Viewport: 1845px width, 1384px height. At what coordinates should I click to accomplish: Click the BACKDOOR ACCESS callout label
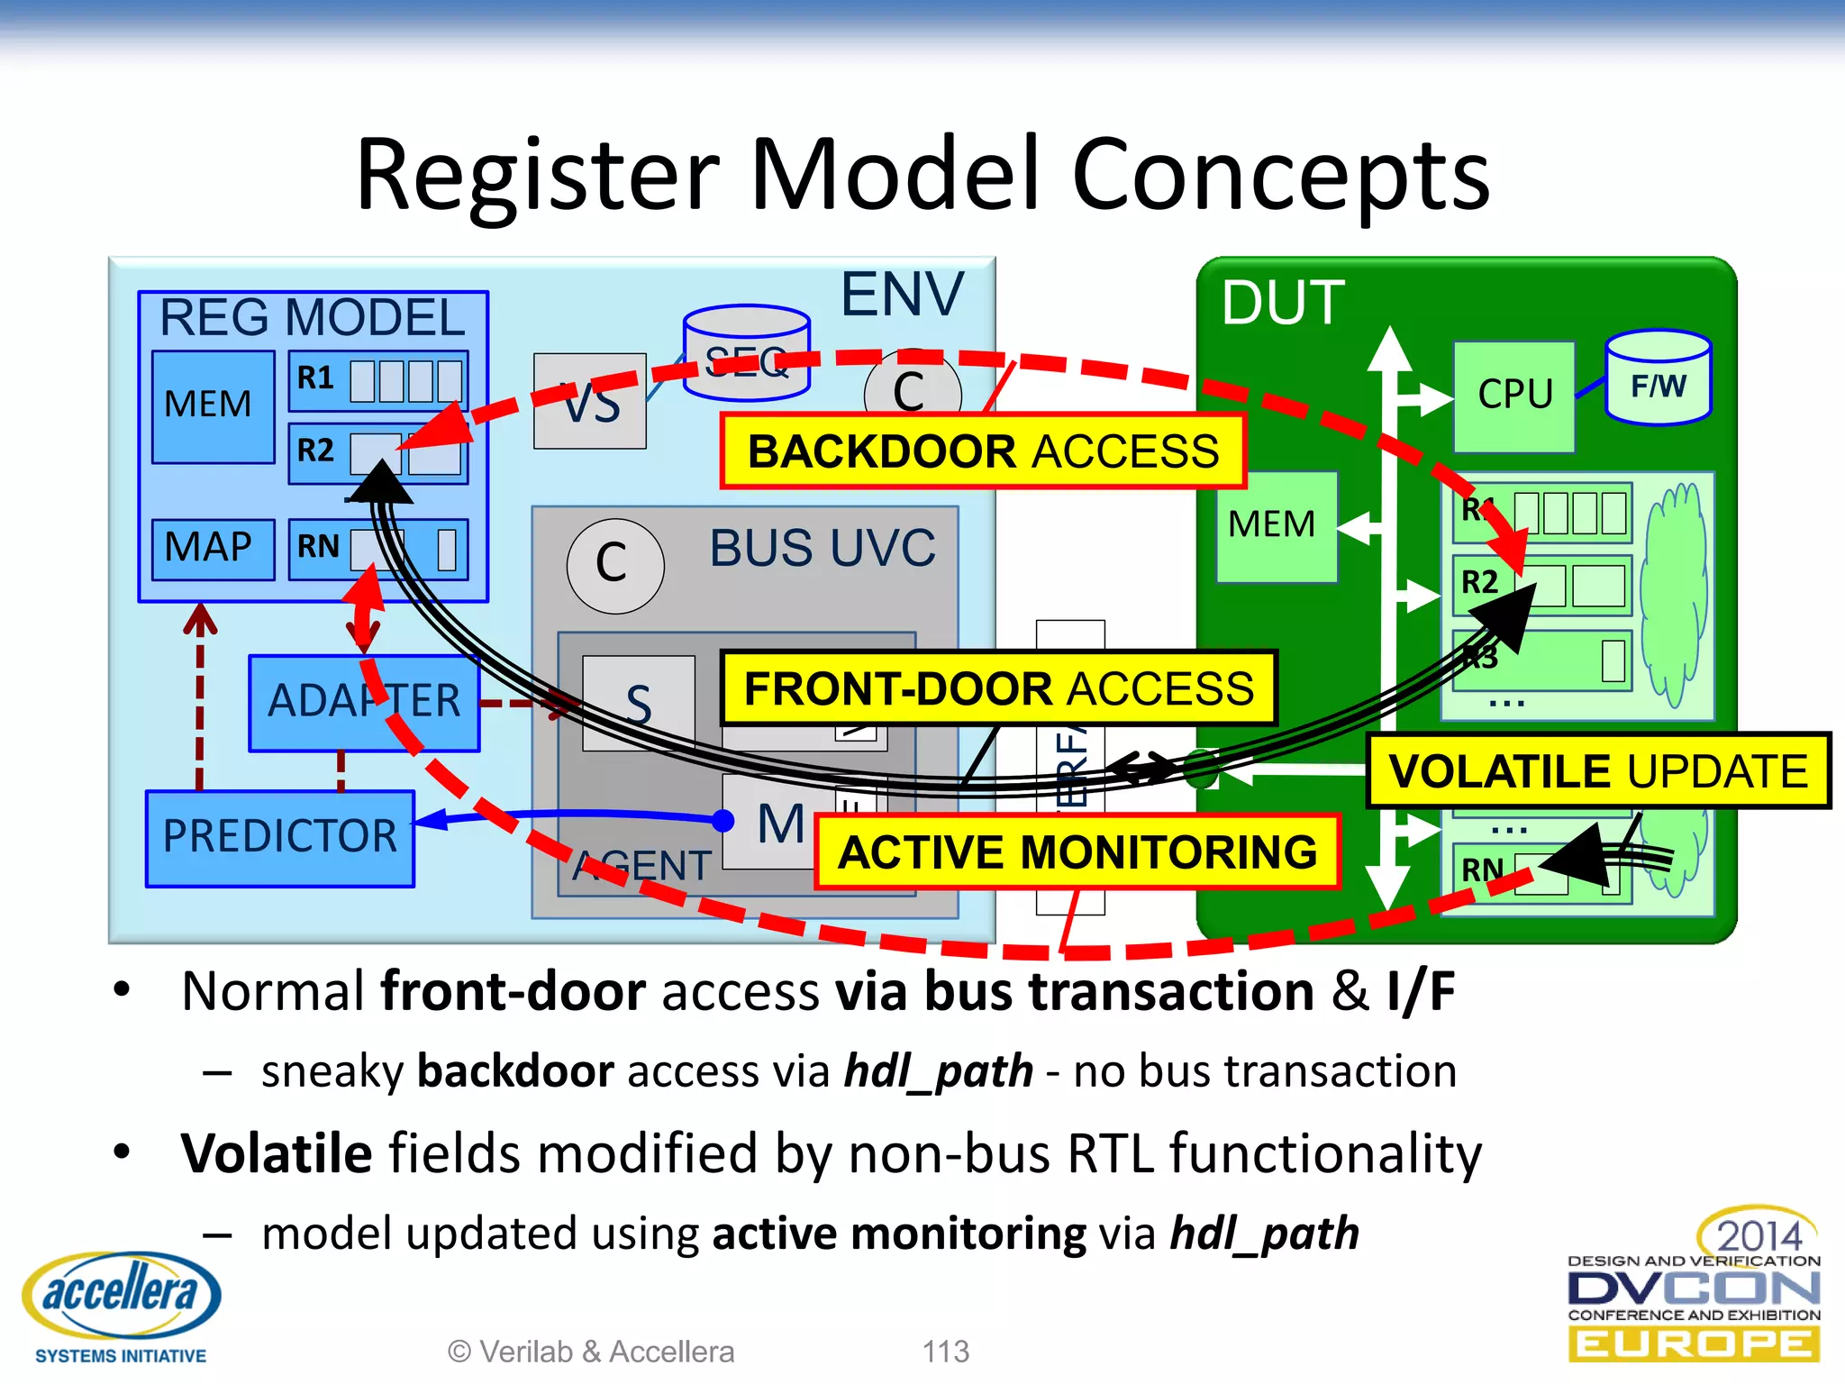[x=983, y=451]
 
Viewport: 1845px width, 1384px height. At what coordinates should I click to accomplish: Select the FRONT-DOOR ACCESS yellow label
[x=998, y=688]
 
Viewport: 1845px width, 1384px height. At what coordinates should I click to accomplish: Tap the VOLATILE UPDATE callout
[x=1597, y=771]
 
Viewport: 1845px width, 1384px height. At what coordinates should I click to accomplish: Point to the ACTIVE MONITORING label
[x=1077, y=852]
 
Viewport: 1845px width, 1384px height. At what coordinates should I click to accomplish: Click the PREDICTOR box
[x=279, y=837]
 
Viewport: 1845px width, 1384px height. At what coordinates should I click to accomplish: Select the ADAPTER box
[x=363, y=702]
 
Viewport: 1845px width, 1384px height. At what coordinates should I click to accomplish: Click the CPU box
[x=1514, y=395]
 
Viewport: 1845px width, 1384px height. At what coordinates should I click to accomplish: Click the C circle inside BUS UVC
[x=614, y=565]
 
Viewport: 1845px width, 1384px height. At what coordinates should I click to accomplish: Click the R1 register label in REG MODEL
[x=316, y=378]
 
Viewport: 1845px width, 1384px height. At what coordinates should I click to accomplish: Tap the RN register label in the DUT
[x=1482, y=870]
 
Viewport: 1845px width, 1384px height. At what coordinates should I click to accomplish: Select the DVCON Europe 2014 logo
[x=1694, y=1288]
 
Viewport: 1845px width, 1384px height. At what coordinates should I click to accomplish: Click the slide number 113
[x=945, y=1352]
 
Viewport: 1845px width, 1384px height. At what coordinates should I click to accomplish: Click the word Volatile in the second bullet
[x=277, y=1154]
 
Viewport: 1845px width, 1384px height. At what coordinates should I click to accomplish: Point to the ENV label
[x=902, y=295]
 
